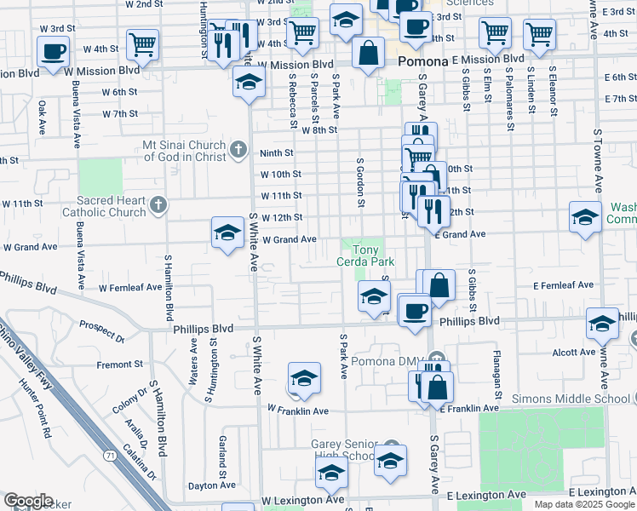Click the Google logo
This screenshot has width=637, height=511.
(x=28, y=500)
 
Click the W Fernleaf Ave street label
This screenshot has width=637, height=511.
(x=129, y=288)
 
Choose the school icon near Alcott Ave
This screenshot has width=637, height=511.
(x=601, y=323)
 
